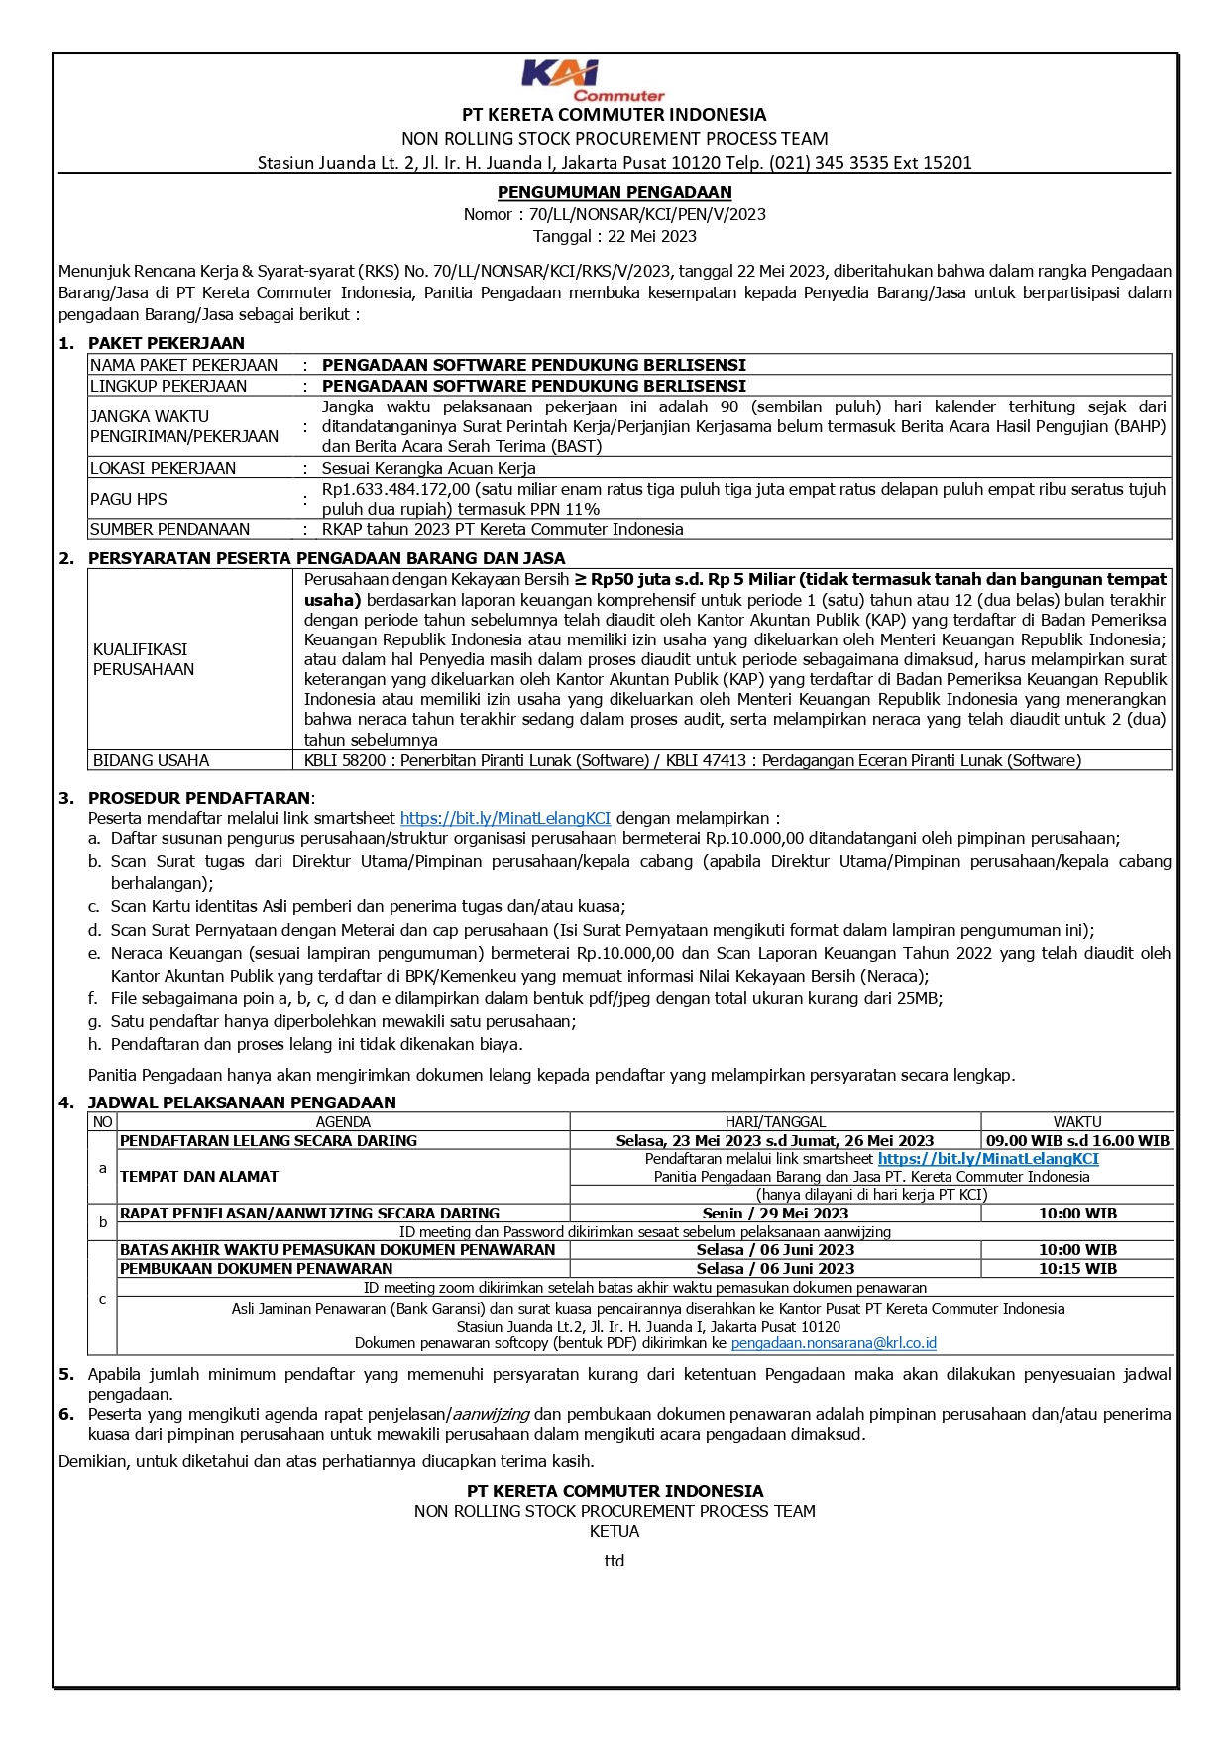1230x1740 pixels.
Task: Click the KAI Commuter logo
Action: (593, 80)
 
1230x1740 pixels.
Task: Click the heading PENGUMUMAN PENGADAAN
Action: (615, 192)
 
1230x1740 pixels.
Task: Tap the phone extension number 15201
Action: (947, 163)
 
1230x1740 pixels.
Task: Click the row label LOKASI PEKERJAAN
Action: (163, 468)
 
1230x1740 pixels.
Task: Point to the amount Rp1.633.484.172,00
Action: (395, 489)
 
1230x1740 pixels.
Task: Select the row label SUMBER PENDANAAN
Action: (169, 529)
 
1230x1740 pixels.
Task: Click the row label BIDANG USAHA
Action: (151, 760)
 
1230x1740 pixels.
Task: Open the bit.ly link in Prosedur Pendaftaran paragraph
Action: (505, 818)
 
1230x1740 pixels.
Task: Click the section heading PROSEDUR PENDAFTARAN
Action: (198, 798)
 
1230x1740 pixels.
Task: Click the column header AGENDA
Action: (343, 1122)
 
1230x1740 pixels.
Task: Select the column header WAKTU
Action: (1077, 1122)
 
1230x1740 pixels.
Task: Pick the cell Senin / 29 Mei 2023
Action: (775, 1214)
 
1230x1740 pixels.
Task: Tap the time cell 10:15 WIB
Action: (1077, 1269)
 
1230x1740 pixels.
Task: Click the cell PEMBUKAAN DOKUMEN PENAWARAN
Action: (256, 1269)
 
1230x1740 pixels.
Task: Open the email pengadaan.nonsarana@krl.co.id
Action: (834, 1343)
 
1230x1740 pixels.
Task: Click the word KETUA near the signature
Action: (615, 1531)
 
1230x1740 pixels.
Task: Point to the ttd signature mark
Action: (615, 1561)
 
